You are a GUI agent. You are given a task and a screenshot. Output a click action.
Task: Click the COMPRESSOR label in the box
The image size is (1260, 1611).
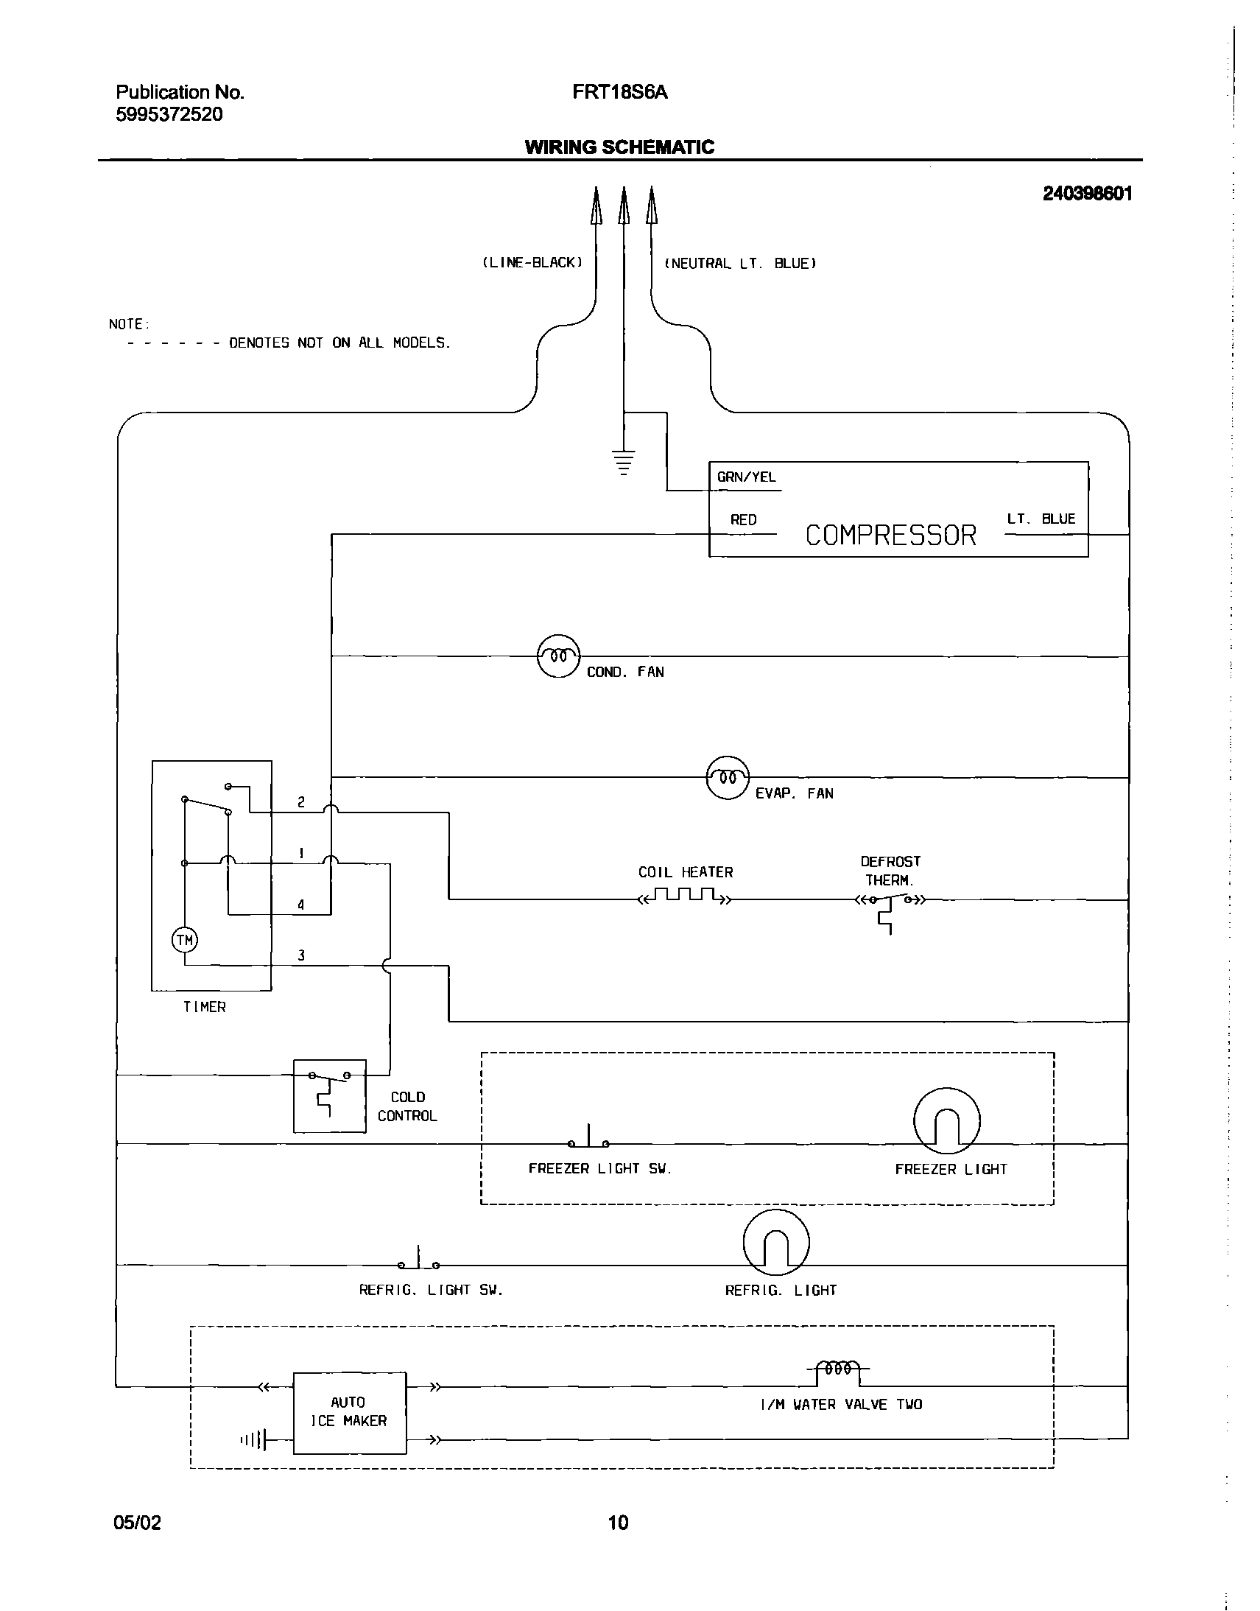pos(890,535)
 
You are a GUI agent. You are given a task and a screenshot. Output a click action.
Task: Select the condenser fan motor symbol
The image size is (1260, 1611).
pos(558,656)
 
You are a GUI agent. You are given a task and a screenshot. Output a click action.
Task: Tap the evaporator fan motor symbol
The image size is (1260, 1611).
pos(728,778)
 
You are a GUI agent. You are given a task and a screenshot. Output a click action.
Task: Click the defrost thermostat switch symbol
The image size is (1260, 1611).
pos(890,902)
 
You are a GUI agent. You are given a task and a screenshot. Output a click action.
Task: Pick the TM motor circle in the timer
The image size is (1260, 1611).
pos(184,940)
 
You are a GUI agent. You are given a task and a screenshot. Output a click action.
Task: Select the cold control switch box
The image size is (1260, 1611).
pos(329,1096)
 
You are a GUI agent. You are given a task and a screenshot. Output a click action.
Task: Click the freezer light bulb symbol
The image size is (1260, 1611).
pos(946,1120)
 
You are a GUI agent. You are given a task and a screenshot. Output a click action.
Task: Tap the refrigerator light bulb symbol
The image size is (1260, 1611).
pos(776,1242)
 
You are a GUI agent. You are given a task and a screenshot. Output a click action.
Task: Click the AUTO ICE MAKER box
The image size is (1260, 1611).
pos(349,1413)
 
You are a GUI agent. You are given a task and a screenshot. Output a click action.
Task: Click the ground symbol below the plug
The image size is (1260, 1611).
pos(623,462)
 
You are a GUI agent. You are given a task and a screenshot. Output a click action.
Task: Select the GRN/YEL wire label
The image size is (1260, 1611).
pos(746,477)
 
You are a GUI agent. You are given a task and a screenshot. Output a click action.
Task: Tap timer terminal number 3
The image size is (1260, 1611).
pos(301,955)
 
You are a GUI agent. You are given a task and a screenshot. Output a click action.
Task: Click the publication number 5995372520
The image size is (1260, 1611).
pos(169,114)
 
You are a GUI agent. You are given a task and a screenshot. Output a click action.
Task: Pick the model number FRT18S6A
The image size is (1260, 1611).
pos(619,92)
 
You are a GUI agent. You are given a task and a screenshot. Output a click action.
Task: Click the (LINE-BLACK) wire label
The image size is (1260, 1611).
pos(532,263)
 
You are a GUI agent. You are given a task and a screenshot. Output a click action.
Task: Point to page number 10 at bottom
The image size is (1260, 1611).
pos(618,1522)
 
